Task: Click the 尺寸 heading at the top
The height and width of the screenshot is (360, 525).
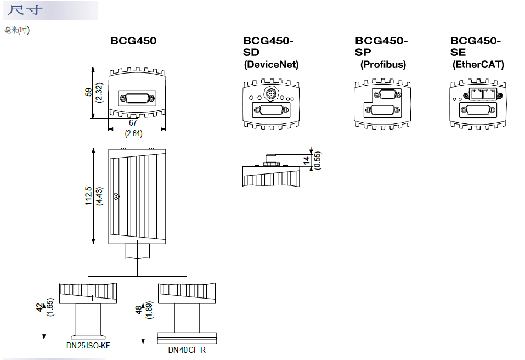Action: click(x=26, y=11)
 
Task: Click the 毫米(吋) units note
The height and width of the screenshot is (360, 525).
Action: click(x=17, y=30)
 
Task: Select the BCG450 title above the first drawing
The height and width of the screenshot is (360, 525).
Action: click(x=133, y=41)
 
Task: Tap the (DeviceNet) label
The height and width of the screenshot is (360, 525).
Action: click(x=271, y=65)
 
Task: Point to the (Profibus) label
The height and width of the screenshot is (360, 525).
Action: click(x=383, y=65)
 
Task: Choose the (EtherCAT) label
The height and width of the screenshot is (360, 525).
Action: click(x=478, y=65)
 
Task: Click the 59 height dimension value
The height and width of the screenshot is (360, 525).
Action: click(x=88, y=92)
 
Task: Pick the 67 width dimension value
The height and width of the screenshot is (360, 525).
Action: click(x=133, y=123)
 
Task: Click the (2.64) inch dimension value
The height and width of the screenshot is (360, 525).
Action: click(x=133, y=133)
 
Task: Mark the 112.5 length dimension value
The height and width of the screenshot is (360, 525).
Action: click(x=88, y=195)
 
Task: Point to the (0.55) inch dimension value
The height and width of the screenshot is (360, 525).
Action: click(x=317, y=160)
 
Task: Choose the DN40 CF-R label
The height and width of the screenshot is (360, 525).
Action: click(x=187, y=350)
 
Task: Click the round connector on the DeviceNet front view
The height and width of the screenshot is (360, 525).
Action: click(x=270, y=94)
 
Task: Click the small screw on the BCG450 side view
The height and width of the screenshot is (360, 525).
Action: click(x=115, y=196)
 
